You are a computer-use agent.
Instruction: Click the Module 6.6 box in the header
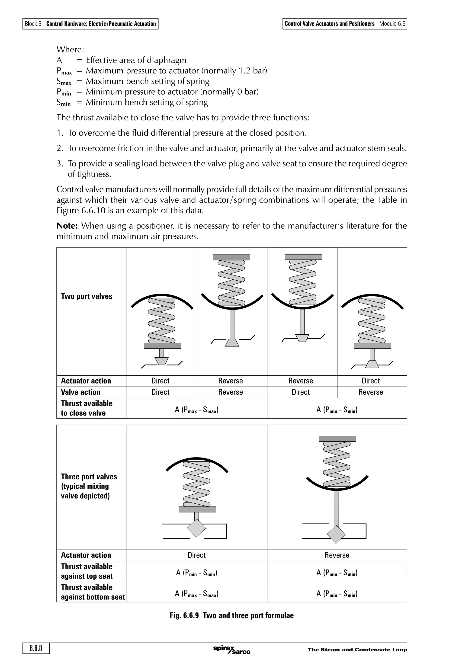pyautogui.click(x=392, y=24)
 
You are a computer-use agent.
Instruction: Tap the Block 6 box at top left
pyautogui.click(x=33, y=24)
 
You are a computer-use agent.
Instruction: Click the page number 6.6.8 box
pyautogui.click(x=36, y=648)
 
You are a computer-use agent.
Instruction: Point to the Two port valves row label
pyautogui.click(x=87, y=296)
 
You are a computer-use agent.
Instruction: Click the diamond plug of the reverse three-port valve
pyautogui.click(x=336, y=534)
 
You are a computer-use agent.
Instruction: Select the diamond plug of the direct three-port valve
pyautogui.click(x=196, y=528)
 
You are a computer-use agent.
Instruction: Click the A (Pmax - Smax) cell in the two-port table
pyautogui.click(x=197, y=410)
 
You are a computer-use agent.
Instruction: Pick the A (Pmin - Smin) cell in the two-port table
pyautogui.click(x=337, y=410)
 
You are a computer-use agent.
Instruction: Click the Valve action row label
pyautogui.click(x=80, y=392)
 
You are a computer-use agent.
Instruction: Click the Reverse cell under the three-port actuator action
pyautogui.click(x=337, y=555)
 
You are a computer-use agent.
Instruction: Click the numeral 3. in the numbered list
pyautogui.click(x=60, y=164)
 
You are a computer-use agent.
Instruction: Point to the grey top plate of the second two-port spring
pyautogui.click(x=231, y=257)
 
